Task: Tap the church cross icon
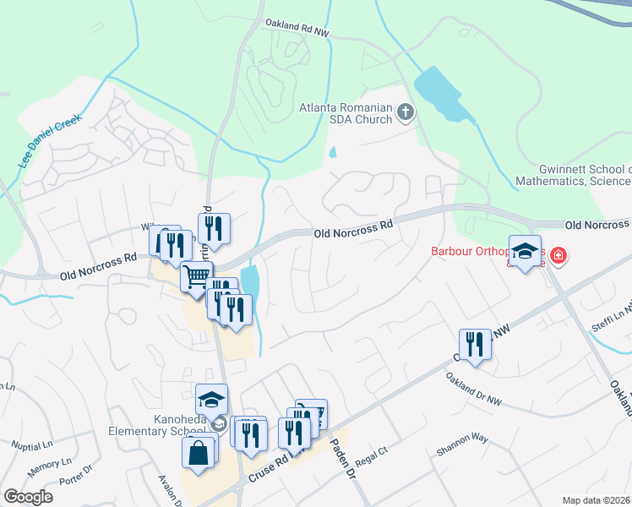[406, 111]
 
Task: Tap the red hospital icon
[558, 254]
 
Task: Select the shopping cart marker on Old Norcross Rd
[196, 275]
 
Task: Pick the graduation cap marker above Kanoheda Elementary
[211, 399]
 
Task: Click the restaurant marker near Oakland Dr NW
[475, 344]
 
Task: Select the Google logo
[27, 497]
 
